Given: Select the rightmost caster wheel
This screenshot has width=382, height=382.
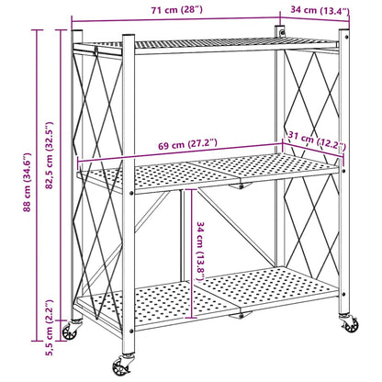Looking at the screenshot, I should click(348, 325).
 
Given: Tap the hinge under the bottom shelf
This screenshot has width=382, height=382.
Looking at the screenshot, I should click(241, 315).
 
